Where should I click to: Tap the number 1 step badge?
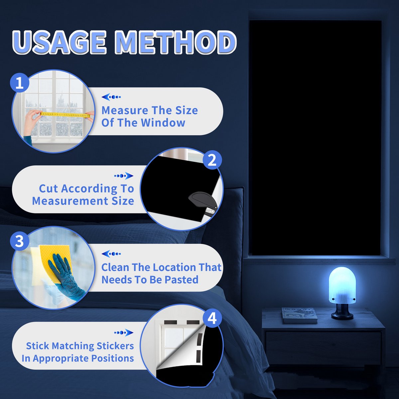[20, 82]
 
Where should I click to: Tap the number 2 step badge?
[212, 160]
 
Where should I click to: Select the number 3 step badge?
[20, 241]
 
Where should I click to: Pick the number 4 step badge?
[212, 318]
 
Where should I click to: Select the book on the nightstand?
[299, 315]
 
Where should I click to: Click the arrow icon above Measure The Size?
[111, 97]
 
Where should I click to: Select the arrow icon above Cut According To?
[124, 176]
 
